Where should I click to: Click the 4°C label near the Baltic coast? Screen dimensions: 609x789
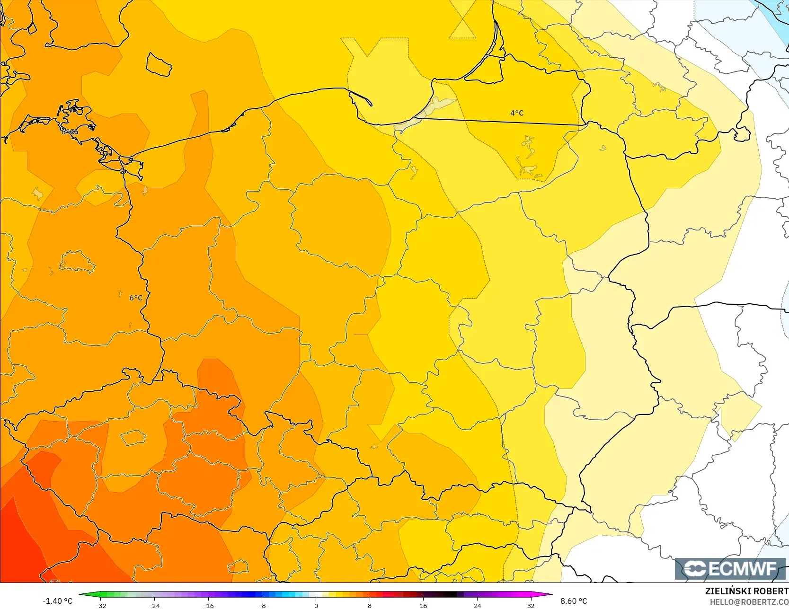[x=516, y=113]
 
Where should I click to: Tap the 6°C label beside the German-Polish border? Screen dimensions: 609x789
[x=136, y=298]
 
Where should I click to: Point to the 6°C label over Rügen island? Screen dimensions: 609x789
[x=69, y=132]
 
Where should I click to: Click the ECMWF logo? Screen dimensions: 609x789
[x=729, y=568]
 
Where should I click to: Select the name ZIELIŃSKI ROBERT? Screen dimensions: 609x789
[x=746, y=591]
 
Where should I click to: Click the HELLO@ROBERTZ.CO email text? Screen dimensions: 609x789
[x=749, y=602]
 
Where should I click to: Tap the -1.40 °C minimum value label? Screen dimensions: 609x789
[x=57, y=601]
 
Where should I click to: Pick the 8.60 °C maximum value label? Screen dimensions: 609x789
[x=574, y=601]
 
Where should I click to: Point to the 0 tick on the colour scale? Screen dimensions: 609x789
[x=316, y=605]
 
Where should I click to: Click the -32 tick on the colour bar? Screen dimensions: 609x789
[x=101, y=605]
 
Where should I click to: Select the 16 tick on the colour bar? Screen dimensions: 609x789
[x=423, y=605]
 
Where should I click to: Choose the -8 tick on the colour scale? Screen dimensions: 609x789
[x=262, y=605]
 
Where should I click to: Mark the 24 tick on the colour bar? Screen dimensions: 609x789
[x=477, y=605]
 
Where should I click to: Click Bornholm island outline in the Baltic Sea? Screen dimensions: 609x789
[x=158, y=64]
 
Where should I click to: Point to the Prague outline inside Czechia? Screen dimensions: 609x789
[x=133, y=437]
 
